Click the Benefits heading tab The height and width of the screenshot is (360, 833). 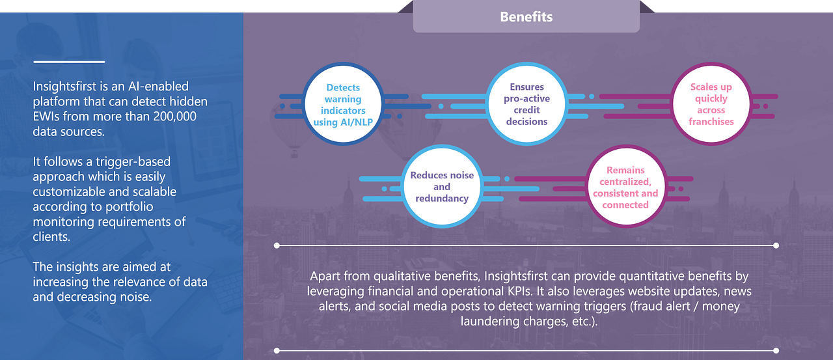(x=526, y=16)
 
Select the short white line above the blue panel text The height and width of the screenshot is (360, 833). (x=69, y=62)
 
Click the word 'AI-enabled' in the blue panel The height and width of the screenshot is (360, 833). (x=158, y=87)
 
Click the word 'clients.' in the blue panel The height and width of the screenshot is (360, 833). (x=51, y=237)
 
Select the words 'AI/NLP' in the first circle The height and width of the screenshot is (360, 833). (x=357, y=122)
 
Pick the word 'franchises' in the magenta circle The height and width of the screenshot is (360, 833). (x=711, y=122)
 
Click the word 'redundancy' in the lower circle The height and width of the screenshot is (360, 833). (x=442, y=199)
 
